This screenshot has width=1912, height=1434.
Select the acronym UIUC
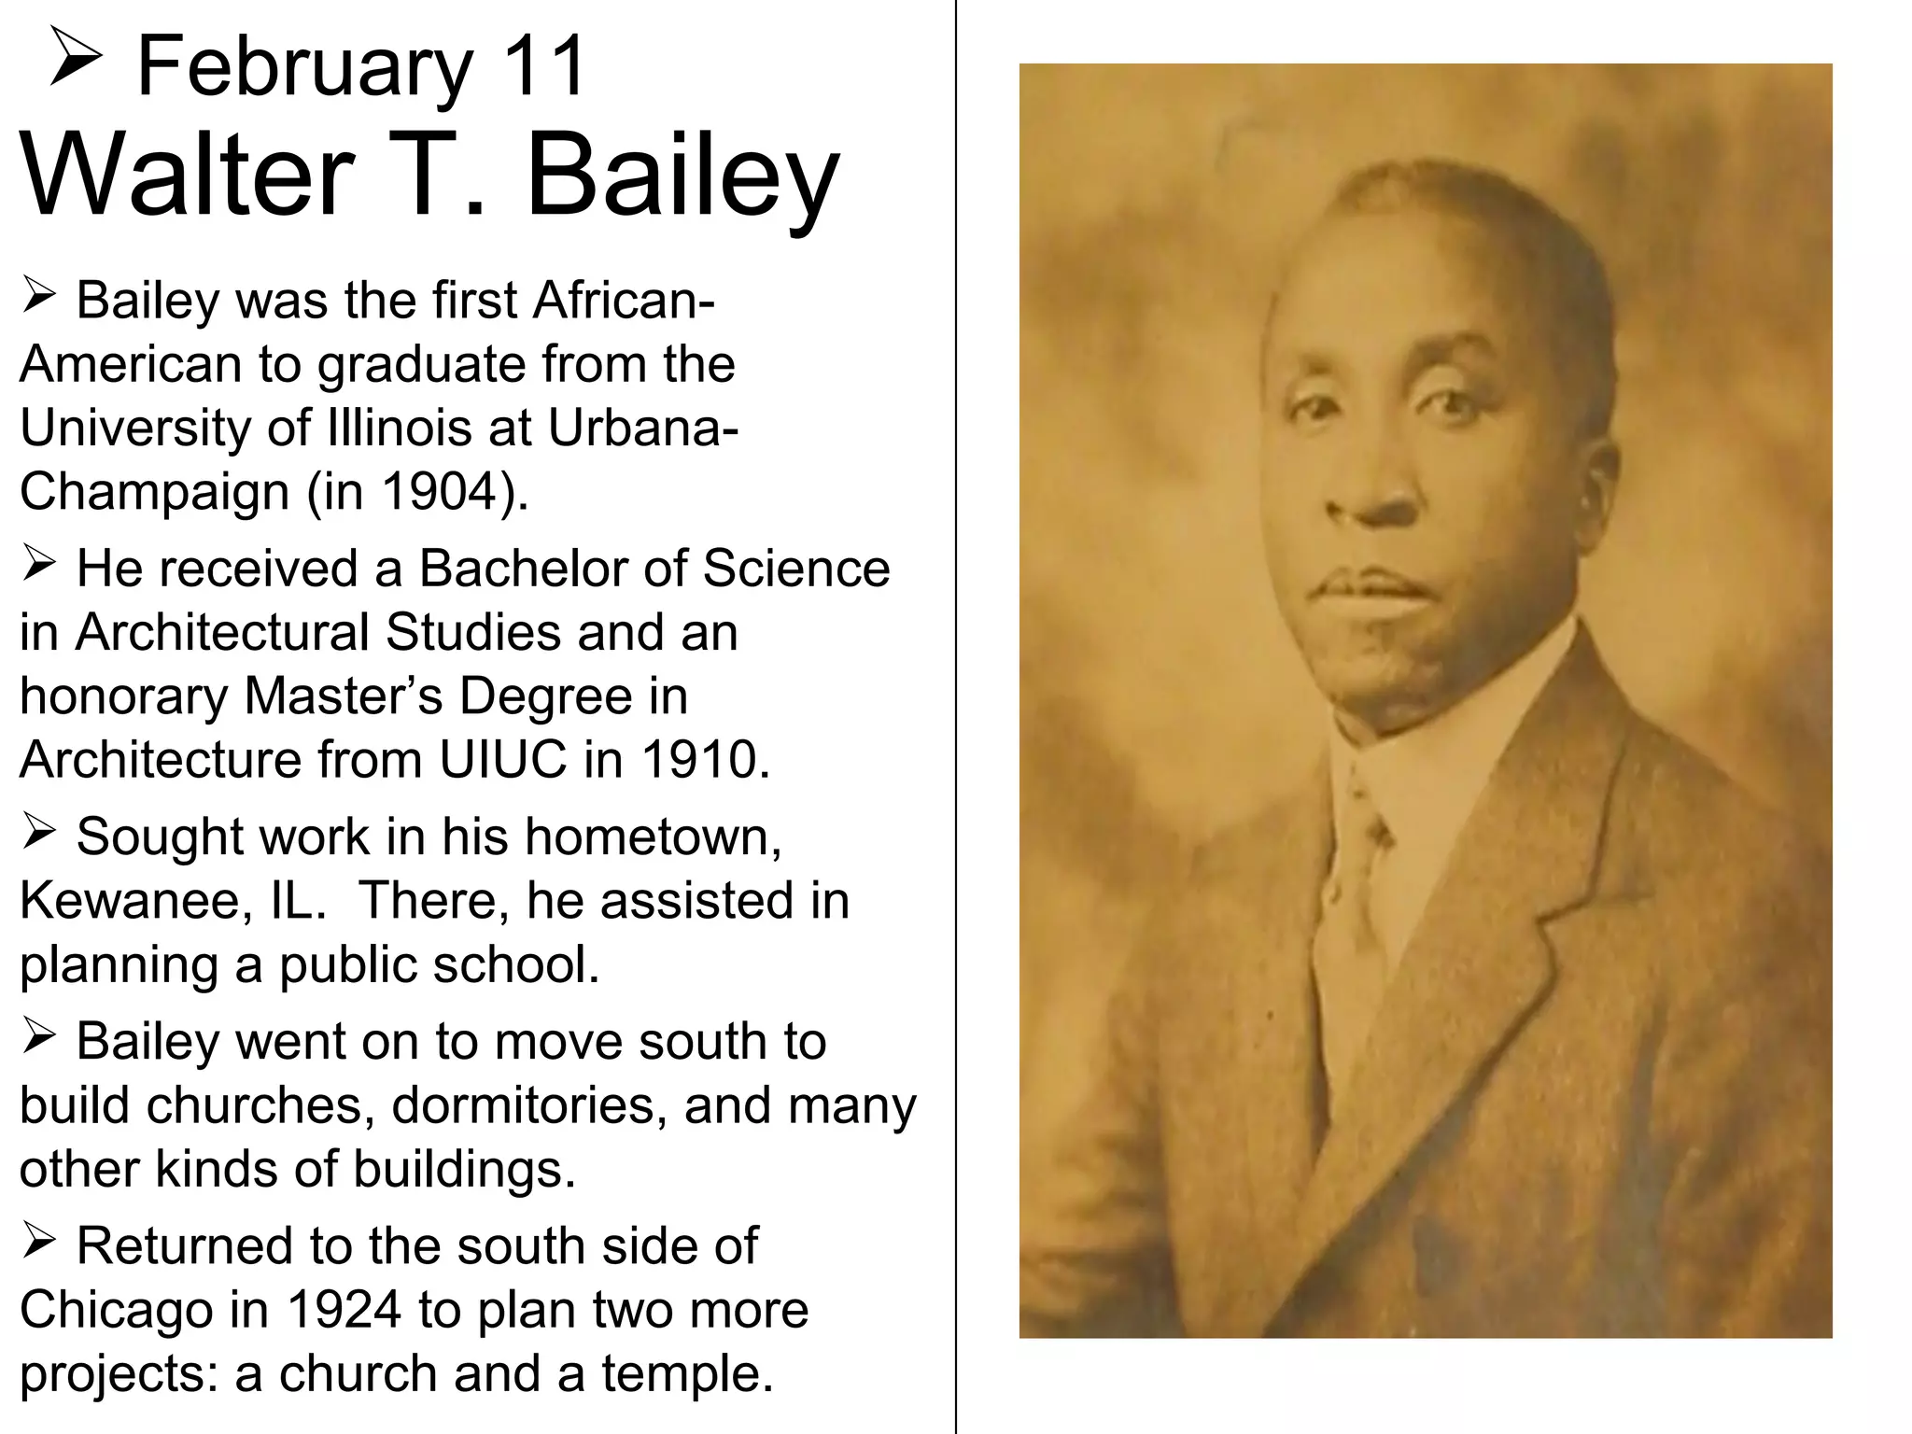point(502,759)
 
